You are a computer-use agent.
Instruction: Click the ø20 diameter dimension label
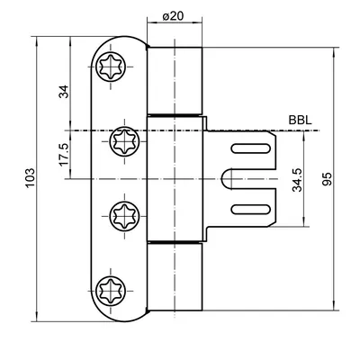pyautogui.click(x=173, y=16)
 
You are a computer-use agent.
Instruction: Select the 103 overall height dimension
pyautogui.click(x=30, y=178)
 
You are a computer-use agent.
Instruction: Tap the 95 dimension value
pyautogui.click(x=328, y=179)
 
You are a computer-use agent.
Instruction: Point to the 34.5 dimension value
pyautogui.click(x=298, y=180)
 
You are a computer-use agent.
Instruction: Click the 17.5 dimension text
pyautogui.click(x=64, y=155)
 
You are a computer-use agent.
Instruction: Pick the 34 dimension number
pyautogui.click(x=64, y=92)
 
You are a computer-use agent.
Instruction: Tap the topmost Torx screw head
pyautogui.click(x=111, y=67)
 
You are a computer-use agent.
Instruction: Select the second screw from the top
pyautogui.click(x=124, y=140)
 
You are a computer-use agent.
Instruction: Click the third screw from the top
pyautogui.click(x=124, y=216)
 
